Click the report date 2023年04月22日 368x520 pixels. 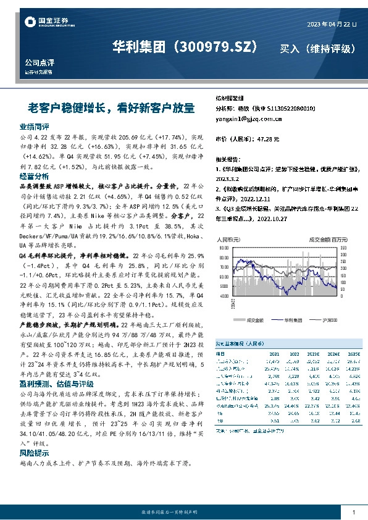pos(332,24)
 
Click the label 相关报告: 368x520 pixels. pos(228,159)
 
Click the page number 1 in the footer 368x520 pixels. pos(353,513)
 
